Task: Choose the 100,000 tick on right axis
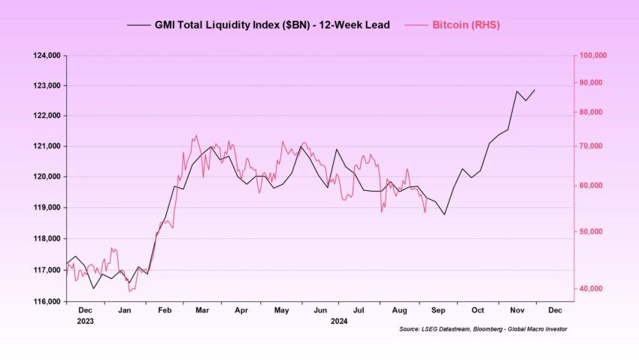592,56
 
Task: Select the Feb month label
165,310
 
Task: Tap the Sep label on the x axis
438,310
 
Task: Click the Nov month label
517,310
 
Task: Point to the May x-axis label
281,310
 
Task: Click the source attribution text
483,329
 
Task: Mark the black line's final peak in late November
535,90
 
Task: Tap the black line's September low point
445,215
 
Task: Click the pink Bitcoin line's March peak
196,136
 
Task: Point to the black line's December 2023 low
93,288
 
